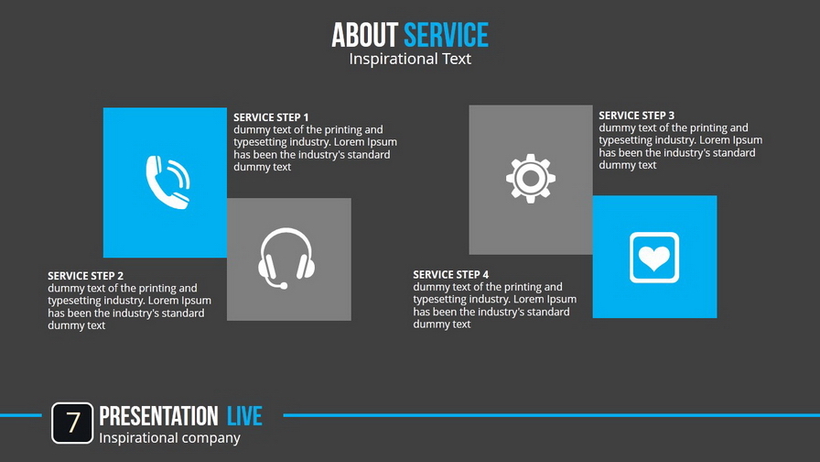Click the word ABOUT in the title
pyautogui.click(x=364, y=35)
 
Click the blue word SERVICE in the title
pyautogui.click(x=446, y=35)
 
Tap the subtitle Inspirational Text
pyautogui.click(x=410, y=59)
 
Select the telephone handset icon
pyautogui.click(x=167, y=182)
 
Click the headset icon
pyautogui.click(x=286, y=258)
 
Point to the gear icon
pyautogui.click(x=531, y=179)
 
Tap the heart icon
pyautogui.click(x=654, y=257)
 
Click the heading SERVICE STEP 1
pyautogui.click(x=271, y=117)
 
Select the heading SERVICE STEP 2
pyautogui.click(x=85, y=276)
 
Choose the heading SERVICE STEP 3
pyautogui.click(x=637, y=115)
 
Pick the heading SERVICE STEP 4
pyautogui.click(x=450, y=275)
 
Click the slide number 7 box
pyautogui.click(x=72, y=423)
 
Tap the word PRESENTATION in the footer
pyautogui.click(x=158, y=416)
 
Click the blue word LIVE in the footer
pyautogui.click(x=244, y=416)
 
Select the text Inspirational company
pyautogui.click(x=169, y=438)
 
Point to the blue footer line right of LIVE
pyautogui.click(x=549, y=415)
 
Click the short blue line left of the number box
pyautogui.click(x=20, y=415)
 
